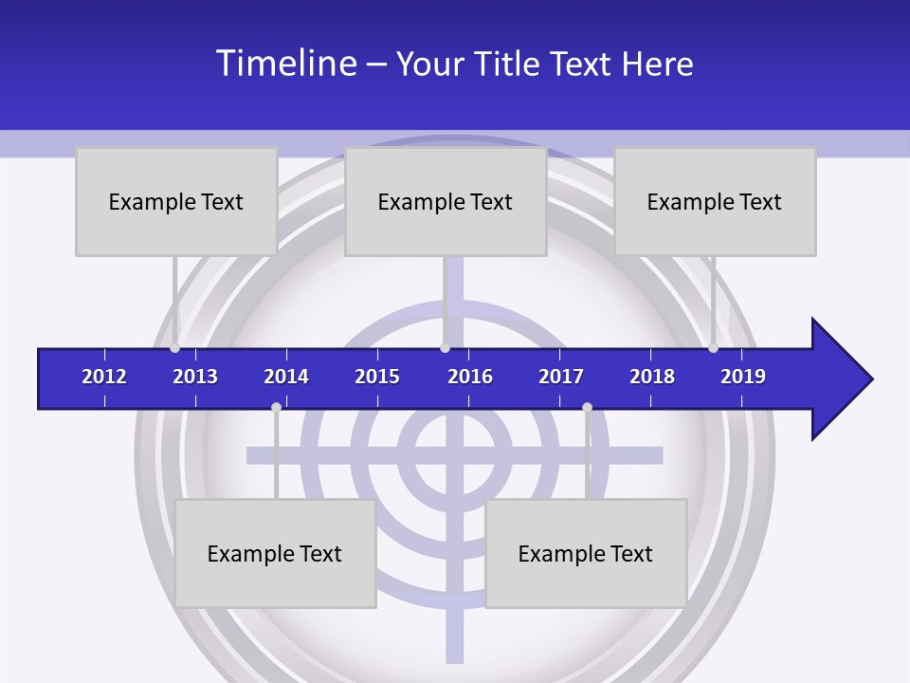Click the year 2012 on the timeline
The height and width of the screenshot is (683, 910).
[104, 377]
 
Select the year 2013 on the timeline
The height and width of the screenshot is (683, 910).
[195, 377]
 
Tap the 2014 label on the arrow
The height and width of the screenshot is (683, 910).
[286, 377]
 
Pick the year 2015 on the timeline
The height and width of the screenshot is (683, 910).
[377, 377]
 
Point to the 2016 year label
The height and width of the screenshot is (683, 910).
[470, 377]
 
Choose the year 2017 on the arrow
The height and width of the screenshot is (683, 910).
[561, 377]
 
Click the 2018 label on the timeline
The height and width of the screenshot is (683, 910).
[652, 377]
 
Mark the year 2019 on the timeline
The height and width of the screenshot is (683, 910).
[743, 377]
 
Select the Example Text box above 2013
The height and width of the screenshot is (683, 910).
[176, 201]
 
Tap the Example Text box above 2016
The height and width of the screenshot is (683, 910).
[446, 201]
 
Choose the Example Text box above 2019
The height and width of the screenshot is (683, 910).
[715, 201]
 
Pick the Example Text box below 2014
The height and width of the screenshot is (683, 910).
[275, 553]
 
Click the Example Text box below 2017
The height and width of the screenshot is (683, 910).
[586, 553]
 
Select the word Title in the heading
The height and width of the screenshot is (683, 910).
[511, 65]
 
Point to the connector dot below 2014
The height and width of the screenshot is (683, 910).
[276, 407]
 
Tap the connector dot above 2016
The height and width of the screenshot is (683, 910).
[445, 348]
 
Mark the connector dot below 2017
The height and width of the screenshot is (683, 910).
[587, 407]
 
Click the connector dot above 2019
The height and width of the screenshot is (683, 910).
[713, 348]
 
